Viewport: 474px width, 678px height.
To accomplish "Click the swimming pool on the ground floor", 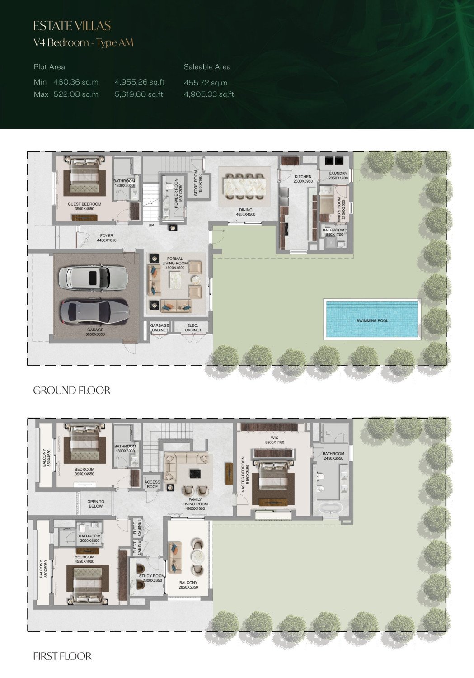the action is coord(372,319).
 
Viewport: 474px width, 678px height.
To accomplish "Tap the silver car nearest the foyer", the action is coord(93,278).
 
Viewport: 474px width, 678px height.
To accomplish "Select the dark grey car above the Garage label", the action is coord(94,311).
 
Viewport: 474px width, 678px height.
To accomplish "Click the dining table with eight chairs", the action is coord(244,186).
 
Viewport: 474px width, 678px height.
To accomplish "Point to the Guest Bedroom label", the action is coord(84,207).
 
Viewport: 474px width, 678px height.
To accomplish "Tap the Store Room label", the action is coord(198,183).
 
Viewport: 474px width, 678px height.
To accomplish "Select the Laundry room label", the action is coord(338,176).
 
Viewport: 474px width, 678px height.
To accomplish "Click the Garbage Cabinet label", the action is coord(160,328).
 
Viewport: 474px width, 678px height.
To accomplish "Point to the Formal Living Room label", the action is coord(175,264).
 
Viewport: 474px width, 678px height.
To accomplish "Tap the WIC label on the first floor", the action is coord(274,440).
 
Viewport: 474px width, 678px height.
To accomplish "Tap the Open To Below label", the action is coord(96,504).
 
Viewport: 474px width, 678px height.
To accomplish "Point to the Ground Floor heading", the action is coord(72,390).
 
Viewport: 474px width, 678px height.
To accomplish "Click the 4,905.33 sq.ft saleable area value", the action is coord(209,94).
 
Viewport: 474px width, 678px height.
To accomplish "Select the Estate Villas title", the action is coord(72,26).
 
